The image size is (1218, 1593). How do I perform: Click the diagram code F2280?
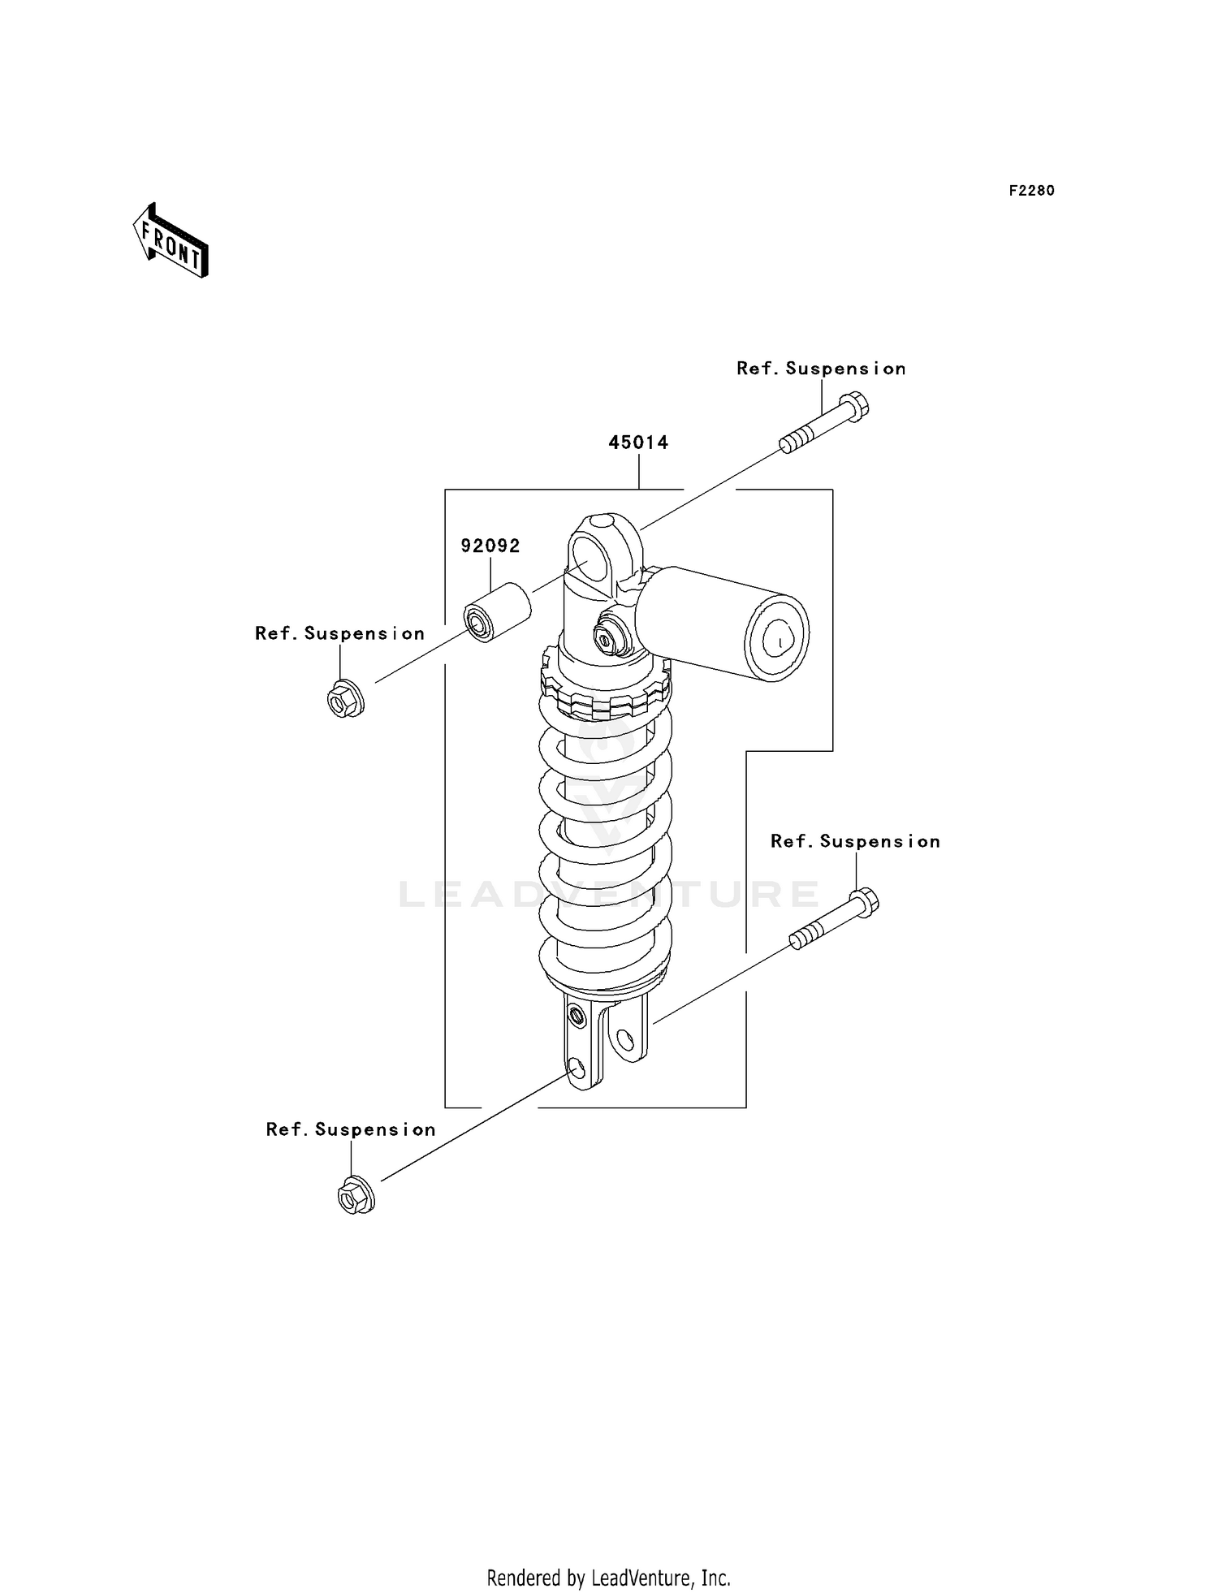click(1031, 191)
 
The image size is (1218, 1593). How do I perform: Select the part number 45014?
click(638, 442)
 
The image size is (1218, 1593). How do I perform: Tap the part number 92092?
click(490, 546)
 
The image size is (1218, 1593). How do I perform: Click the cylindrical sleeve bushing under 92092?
click(496, 612)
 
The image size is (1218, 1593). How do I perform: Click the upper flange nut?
click(345, 698)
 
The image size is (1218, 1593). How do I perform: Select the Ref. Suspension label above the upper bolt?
click(820, 369)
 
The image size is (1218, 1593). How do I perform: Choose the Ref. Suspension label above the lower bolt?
click(854, 842)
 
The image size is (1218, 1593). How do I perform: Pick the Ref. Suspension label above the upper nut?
click(339, 634)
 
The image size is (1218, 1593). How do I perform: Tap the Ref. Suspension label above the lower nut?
click(351, 1130)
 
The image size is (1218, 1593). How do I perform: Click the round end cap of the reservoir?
click(777, 638)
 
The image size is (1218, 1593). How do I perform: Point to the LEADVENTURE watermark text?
click(609, 894)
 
